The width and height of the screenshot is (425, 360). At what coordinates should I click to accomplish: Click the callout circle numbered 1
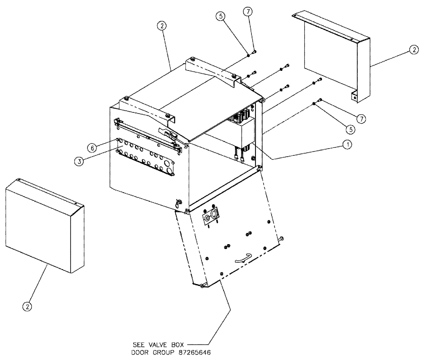tap(347, 145)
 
